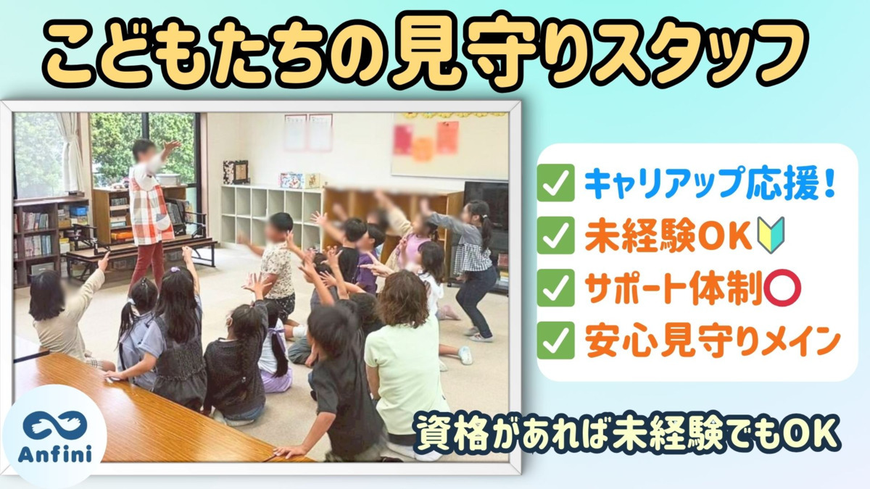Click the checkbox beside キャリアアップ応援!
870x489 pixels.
(x=556, y=183)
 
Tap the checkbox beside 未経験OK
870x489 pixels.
(x=556, y=235)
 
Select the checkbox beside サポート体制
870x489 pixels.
(x=556, y=288)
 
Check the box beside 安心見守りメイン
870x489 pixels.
(x=556, y=341)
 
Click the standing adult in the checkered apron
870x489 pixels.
(x=151, y=206)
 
